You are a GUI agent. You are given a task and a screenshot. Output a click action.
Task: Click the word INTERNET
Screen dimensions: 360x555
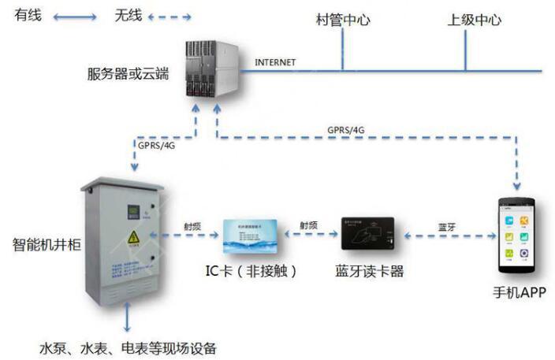276,61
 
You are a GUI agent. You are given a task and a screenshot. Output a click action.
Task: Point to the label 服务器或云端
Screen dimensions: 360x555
128,75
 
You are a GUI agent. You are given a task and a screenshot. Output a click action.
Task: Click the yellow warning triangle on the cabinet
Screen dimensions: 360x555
133,236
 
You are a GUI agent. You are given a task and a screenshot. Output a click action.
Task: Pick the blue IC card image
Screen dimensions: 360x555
251,236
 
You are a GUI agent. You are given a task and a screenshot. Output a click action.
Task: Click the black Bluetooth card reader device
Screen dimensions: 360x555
370,236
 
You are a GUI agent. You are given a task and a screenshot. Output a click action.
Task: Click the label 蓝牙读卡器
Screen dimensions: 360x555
370,272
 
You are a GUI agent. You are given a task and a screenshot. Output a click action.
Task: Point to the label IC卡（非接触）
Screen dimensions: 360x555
251,272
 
